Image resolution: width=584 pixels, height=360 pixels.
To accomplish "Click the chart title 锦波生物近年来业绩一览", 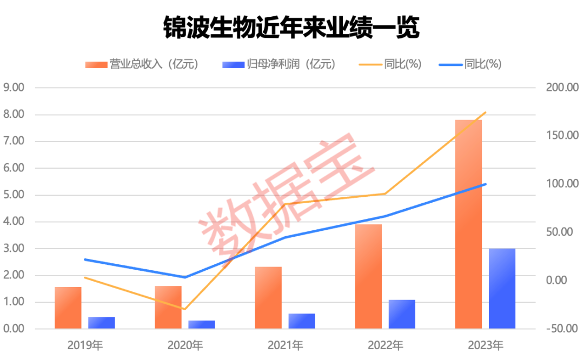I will pos(291,28).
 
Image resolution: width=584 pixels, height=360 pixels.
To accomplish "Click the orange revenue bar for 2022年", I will pos(368,276).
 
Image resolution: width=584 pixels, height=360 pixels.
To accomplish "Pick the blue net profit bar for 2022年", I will pos(402,314).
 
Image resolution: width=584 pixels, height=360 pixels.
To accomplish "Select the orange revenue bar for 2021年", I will pos(268,297).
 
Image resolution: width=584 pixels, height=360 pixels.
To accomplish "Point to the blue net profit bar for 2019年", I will pos(102,323).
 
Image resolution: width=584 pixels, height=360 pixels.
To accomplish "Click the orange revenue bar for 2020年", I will pos(168,307).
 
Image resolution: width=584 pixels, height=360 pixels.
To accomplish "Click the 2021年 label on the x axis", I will pos(284,345).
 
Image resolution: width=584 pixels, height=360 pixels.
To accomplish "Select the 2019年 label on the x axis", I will pos(85,345).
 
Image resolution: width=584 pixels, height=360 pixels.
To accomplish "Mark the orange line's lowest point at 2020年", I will pos(185,309).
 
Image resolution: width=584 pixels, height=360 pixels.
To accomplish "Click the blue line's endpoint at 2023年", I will pos(485,184).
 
